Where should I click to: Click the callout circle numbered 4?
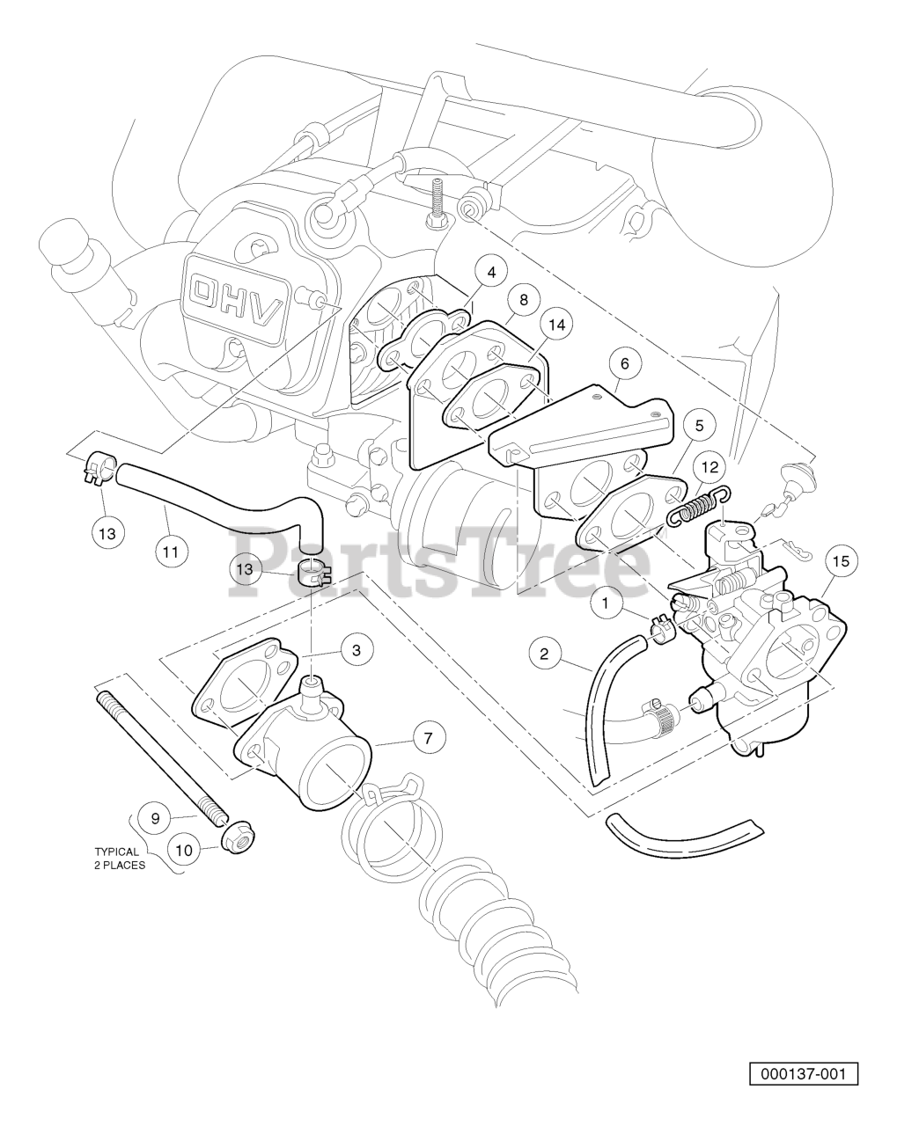490,272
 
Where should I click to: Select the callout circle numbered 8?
523,300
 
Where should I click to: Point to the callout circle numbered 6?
624,363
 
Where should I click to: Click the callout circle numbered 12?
710,467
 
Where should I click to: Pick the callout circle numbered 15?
841,561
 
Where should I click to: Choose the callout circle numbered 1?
606,603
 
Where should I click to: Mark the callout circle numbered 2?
544,654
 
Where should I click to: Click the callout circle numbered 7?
429,738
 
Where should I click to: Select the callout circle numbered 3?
357,650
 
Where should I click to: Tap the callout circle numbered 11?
171,552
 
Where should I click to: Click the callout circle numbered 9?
155,818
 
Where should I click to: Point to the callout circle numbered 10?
184,851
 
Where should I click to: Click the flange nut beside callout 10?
235,841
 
